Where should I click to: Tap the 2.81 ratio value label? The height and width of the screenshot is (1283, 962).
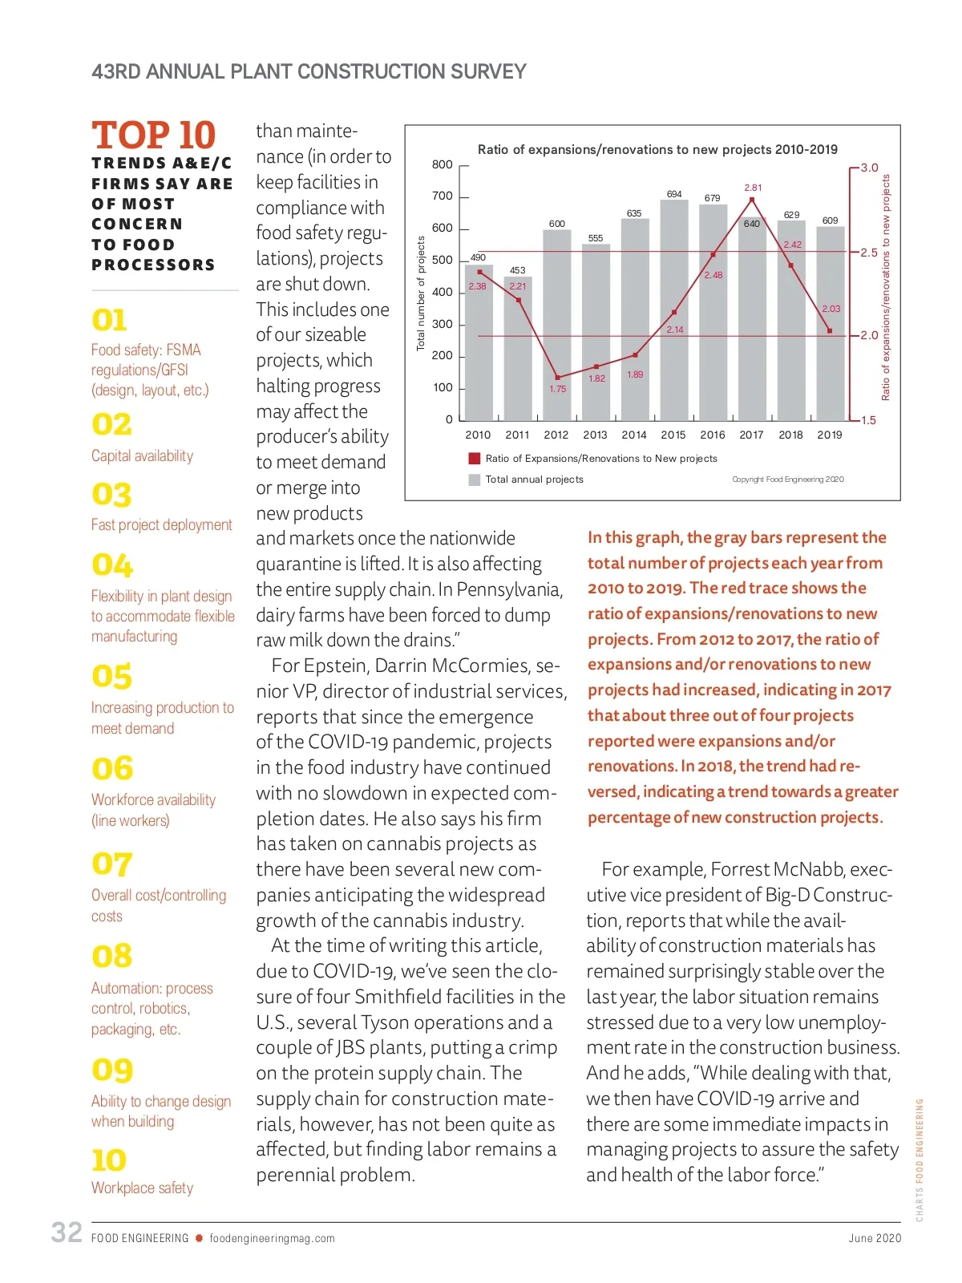tap(753, 188)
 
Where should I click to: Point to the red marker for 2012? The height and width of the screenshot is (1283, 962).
tap(558, 378)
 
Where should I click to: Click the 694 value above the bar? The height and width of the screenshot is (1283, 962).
tap(674, 194)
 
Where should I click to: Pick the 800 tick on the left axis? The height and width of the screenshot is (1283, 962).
tap(443, 165)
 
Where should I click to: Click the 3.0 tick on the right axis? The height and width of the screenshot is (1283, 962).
tap(869, 168)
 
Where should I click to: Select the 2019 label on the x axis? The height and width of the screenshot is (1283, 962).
tap(830, 435)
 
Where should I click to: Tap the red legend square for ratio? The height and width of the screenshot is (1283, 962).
tap(474, 459)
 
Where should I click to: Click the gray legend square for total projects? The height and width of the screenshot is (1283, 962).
tap(474, 480)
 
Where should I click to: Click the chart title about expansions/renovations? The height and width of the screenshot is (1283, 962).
tap(657, 149)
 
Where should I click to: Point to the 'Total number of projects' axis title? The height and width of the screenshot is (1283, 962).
tap(421, 293)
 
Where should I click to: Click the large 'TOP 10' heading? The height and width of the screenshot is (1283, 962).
tap(153, 135)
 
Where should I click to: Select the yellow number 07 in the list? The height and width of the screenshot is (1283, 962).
tap(111, 864)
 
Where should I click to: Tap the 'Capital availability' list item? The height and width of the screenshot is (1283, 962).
tap(142, 455)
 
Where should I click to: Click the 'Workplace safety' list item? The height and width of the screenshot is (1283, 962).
tap(142, 1188)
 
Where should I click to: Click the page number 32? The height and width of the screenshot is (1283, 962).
tap(67, 1232)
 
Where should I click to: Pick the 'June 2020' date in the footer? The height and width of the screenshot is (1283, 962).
tap(875, 1238)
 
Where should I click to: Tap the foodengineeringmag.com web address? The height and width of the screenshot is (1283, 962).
tap(272, 1238)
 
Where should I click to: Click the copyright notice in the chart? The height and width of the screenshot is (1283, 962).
tap(787, 480)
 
